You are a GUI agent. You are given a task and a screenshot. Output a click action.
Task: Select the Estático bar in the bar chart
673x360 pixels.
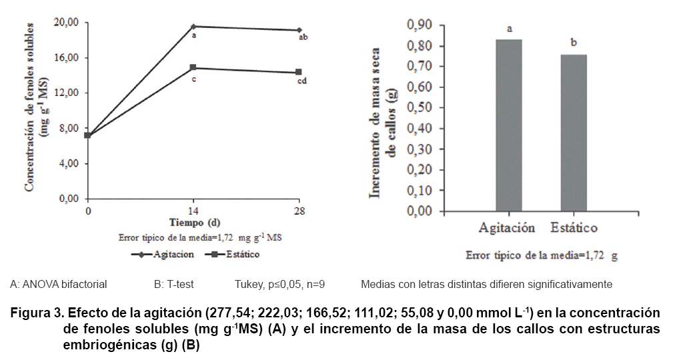(574, 133)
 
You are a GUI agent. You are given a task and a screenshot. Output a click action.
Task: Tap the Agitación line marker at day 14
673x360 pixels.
(193, 27)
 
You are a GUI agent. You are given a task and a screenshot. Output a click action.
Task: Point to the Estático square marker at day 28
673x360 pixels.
(299, 72)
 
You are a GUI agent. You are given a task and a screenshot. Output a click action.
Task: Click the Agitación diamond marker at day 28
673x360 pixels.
(299, 30)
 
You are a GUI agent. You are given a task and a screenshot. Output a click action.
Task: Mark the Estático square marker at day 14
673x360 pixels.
(193, 67)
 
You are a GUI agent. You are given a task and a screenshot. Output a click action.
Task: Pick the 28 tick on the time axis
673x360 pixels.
(299, 211)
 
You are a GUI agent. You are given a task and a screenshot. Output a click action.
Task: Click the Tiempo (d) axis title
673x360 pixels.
(193, 222)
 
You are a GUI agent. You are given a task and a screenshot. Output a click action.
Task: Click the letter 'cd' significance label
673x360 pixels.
(301, 81)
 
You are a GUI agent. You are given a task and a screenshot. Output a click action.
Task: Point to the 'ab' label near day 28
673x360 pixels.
(303, 38)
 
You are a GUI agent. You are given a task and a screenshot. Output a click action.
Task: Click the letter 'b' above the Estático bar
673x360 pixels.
(574, 43)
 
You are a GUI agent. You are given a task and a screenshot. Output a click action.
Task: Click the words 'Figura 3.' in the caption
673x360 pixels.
(38, 313)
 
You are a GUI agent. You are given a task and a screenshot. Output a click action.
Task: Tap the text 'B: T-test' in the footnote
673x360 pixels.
(173, 285)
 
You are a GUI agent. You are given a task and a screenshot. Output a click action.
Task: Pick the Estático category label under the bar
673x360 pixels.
(574, 228)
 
